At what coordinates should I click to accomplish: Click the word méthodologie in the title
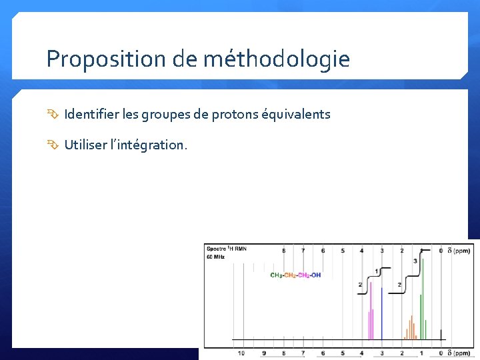click(276, 59)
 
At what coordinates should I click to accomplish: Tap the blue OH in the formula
click(315, 275)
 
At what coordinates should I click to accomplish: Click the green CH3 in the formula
click(276, 275)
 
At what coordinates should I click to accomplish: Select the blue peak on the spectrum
click(381, 313)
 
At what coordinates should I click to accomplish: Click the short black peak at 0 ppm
click(441, 335)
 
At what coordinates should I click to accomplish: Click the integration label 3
click(415, 261)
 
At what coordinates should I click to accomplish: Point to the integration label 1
click(377, 271)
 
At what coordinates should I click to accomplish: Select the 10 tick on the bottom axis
click(241, 353)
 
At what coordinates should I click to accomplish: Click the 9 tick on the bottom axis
click(264, 353)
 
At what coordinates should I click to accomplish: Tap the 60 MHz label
click(216, 256)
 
